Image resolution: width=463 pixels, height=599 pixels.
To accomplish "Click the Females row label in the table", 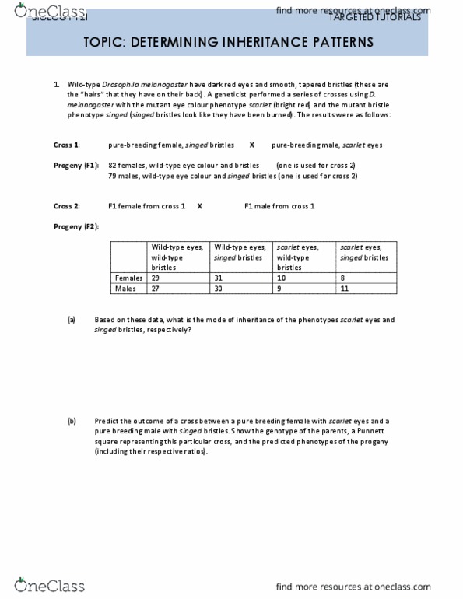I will [129, 278].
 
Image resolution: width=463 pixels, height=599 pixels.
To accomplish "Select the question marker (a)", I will [71, 320].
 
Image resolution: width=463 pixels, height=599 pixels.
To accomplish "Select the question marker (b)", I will [71, 421].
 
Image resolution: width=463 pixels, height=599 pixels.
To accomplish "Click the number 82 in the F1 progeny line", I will [113, 166].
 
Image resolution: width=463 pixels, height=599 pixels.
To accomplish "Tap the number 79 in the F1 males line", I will [113, 176].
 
